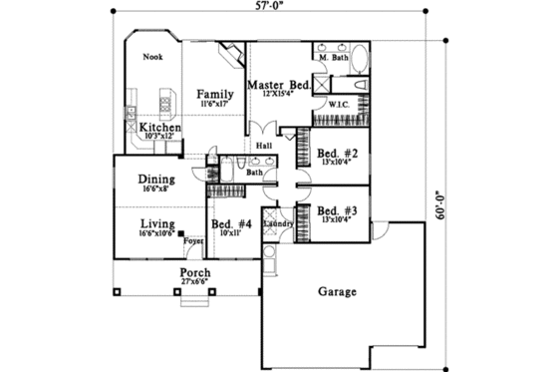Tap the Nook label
[152, 58]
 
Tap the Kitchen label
[159, 128]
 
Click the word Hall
[264, 147]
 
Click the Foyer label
[191, 240]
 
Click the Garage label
[339, 292]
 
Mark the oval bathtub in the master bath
[360, 83]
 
